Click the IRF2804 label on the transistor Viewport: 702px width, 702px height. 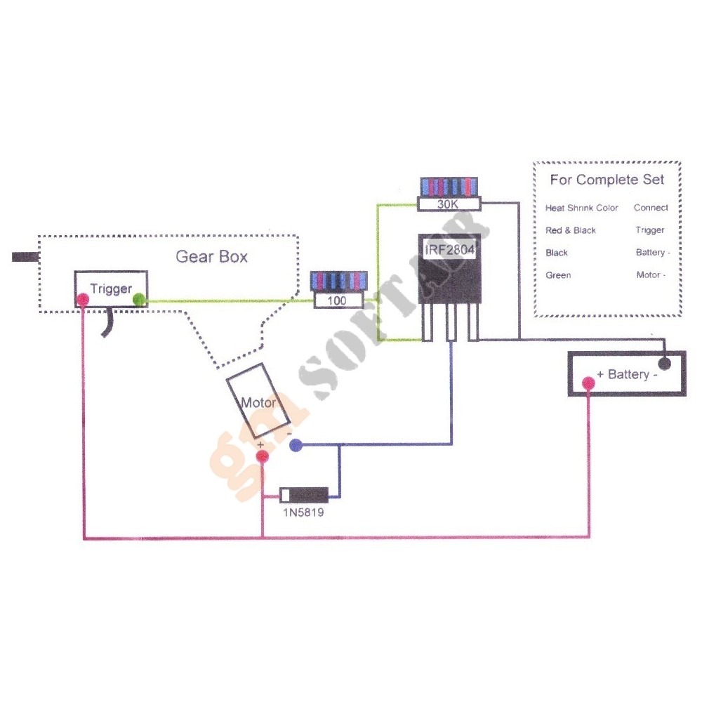(449, 251)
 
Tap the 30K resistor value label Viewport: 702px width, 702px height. (449, 204)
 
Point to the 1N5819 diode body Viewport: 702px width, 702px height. (304, 494)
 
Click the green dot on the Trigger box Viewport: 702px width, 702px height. (139, 300)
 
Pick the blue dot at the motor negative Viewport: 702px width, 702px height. (296, 444)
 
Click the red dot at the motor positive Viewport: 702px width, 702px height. (262, 458)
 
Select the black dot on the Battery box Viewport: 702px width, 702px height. (663, 363)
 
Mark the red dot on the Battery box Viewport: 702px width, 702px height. (588, 383)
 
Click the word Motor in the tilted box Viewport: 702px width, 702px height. (258, 403)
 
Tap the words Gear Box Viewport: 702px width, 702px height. (211, 256)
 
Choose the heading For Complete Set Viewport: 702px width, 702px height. (607, 180)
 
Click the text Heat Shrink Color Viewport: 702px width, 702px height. (582, 208)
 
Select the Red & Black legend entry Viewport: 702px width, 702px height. (571, 230)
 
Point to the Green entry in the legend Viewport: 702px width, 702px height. (558, 275)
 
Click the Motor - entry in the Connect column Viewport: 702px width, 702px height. (650, 275)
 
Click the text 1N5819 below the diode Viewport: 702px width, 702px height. (303, 512)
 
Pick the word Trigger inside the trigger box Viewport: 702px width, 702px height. (110, 289)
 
